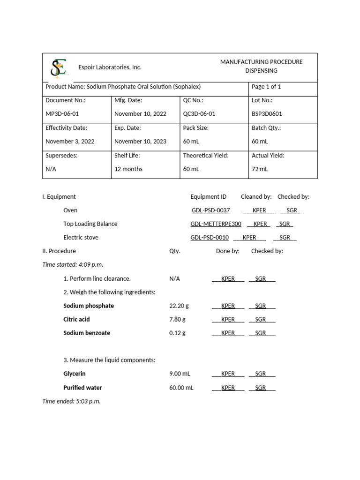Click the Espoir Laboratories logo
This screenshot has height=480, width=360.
pyautogui.click(x=59, y=68)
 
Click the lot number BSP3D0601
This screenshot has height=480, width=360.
pyautogui.click(x=267, y=114)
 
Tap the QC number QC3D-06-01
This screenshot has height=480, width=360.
pyautogui.click(x=199, y=114)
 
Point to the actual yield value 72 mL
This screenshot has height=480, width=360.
pyautogui.click(x=260, y=169)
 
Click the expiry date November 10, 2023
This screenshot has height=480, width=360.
pyautogui.click(x=140, y=142)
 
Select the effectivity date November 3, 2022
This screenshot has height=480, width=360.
pyautogui.click(x=70, y=142)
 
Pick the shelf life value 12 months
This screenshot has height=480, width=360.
pyautogui.click(x=128, y=169)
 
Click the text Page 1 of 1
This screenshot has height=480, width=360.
pyautogui.click(x=266, y=87)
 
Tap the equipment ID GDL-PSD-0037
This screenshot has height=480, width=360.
pyautogui.click(x=210, y=210)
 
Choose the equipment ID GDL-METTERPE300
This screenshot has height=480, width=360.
pyautogui.click(x=216, y=224)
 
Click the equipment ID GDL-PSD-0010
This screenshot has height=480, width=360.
pyautogui.click(x=210, y=238)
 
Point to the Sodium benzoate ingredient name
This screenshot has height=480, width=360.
pyautogui.click(x=87, y=333)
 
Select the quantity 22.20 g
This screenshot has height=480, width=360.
pyautogui.click(x=179, y=306)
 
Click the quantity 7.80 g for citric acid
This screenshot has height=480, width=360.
pyautogui.click(x=177, y=319)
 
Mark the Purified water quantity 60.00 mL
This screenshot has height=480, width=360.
pyautogui.click(x=181, y=388)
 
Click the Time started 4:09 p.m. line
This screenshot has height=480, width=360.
pyautogui.click(x=73, y=264)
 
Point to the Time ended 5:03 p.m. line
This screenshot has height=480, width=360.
pyautogui.click(x=71, y=401)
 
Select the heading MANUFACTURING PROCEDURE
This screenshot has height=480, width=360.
pyautogui.click(x=261, y=62)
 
